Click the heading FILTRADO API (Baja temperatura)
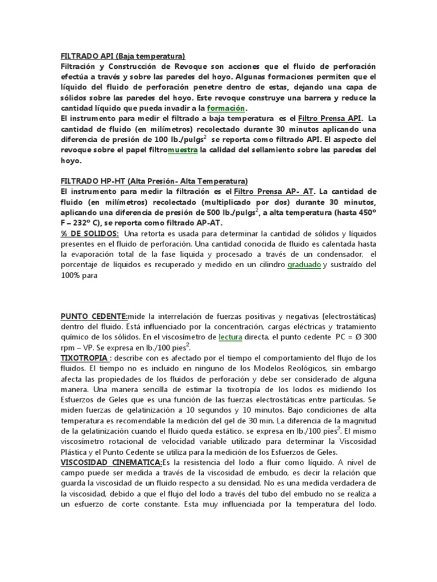(x=123, y=57)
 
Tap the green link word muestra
(x=183, y=150)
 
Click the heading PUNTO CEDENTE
(x=94, y=316)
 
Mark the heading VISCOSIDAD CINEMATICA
(x=112, y=464)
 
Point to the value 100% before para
(x=72, y=275)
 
